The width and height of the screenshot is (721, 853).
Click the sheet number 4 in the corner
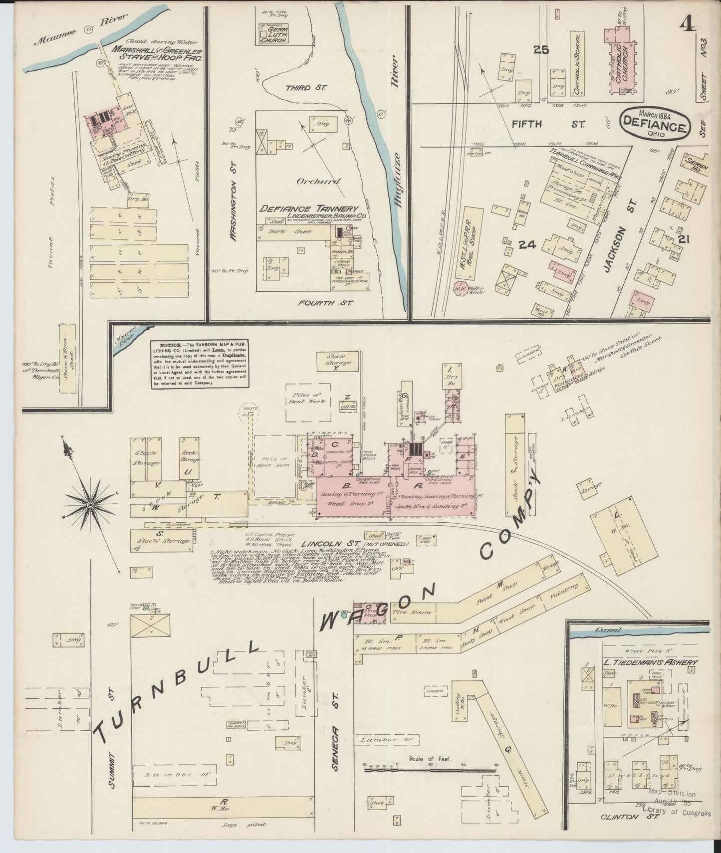688,23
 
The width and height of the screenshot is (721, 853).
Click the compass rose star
90,505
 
